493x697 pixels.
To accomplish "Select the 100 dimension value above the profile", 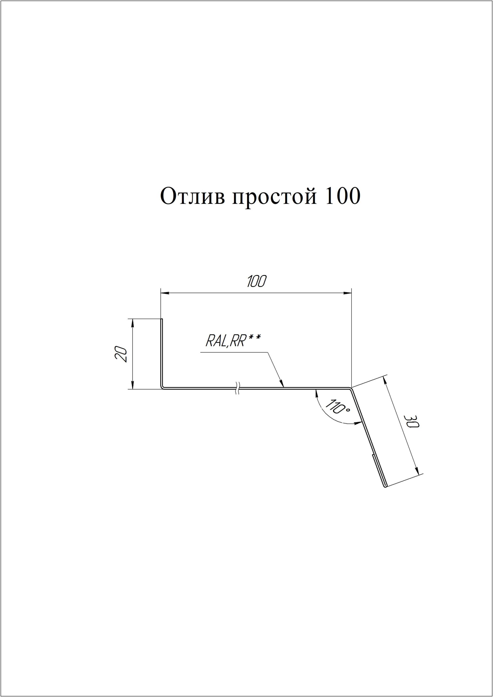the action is pyautogui.click(x=256, y=282).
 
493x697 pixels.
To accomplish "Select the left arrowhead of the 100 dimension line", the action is pyautogui.click(x=165, y=293).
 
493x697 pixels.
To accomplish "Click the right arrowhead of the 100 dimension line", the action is pyautogui.click(x=347, y=293).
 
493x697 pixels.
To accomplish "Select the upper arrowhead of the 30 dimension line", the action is pyautogui.click(x=385, y=381).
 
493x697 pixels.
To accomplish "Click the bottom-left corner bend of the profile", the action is pyautogui.click(x=162, y=387).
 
